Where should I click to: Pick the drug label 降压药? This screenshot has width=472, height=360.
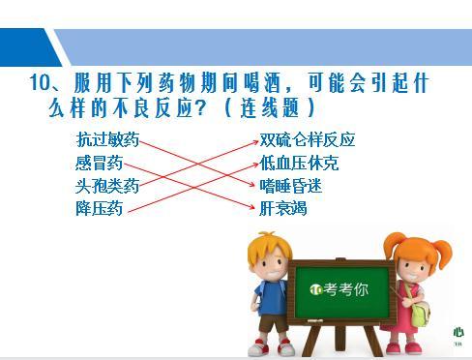99,207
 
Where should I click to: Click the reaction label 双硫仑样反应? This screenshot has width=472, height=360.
308,139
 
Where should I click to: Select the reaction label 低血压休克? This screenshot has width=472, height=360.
300,163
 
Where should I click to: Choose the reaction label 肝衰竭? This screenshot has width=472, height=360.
283,207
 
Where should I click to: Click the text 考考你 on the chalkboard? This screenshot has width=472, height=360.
346,288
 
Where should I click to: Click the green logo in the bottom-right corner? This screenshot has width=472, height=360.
458,331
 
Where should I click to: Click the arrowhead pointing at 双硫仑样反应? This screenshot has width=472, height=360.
254,141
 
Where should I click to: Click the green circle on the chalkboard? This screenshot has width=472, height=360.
315,288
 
